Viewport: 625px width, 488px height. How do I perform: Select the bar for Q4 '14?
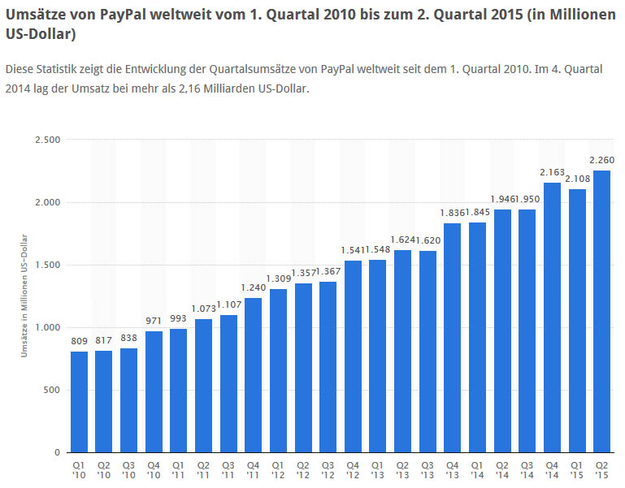click(x=552, y=317)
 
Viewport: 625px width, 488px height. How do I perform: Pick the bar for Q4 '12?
click(x=353, y=356)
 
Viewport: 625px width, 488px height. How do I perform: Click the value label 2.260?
click(x=602, y=160)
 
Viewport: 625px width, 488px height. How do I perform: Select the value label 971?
click(x=154, y=322)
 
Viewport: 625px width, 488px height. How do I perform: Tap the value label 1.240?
click(x=254, y=287)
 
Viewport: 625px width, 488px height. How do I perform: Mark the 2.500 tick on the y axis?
click(x=46, y=140)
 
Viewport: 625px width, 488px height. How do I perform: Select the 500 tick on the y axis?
click(x=52, y=390)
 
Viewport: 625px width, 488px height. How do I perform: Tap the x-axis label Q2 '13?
click(x=403, y=470)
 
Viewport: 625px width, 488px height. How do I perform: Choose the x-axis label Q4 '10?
click(x=154, y=470)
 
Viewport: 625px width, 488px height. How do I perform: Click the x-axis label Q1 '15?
click(x=577, y=470)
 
